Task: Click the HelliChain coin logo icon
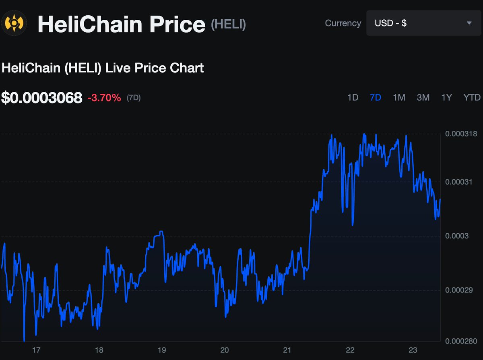click(14, 23)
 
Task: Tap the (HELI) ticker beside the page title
click(228, 24)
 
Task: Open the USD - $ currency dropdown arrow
click(469, 23)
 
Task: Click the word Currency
click(343, 23)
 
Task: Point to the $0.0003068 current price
click(41, 98)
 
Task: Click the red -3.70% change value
click(104, 98)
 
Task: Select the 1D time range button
click(353, 97)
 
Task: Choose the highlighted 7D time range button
click(376, 97)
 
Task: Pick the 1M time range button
click(399, 97)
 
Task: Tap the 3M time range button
click(423, 97)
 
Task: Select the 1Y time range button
click(447, 97)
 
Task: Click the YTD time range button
click(472, 97)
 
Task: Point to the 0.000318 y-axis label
click(461, 134)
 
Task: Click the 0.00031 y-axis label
click(458, 182)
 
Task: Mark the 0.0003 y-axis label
click(457, 236)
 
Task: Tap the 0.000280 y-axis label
click(461, 341)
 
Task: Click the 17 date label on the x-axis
click(36, 350)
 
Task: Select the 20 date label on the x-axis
click(225, 350)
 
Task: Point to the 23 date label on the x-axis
click(413, 350)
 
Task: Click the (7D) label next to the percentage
click(134, 98)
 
